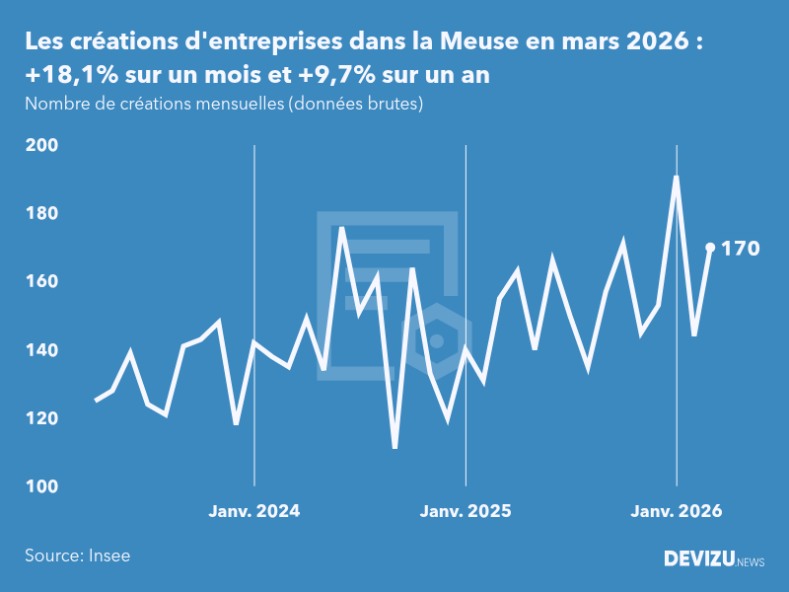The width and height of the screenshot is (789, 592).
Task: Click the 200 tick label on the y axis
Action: point(40,145)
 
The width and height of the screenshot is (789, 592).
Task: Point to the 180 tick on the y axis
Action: point(40,213)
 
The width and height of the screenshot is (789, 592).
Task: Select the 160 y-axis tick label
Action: point(40,282)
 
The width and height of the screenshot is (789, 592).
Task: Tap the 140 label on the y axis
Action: point(40,350)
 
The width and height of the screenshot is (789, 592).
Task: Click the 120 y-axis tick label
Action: point(40,418)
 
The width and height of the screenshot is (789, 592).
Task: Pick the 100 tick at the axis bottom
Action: point(40,486)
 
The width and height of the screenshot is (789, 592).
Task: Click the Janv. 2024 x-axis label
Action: point(254,511)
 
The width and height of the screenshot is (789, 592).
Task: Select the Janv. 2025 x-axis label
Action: point(466,511)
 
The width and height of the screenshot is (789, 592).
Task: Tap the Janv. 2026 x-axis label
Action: point(677,511)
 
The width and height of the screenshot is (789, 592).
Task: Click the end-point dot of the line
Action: point(710,248)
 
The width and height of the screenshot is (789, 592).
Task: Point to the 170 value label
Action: point(741,249)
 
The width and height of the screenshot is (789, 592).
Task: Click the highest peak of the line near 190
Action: point(676,178)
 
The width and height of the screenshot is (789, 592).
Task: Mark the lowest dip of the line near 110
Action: point(394,448)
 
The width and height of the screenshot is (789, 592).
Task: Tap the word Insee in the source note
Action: point(108,555)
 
